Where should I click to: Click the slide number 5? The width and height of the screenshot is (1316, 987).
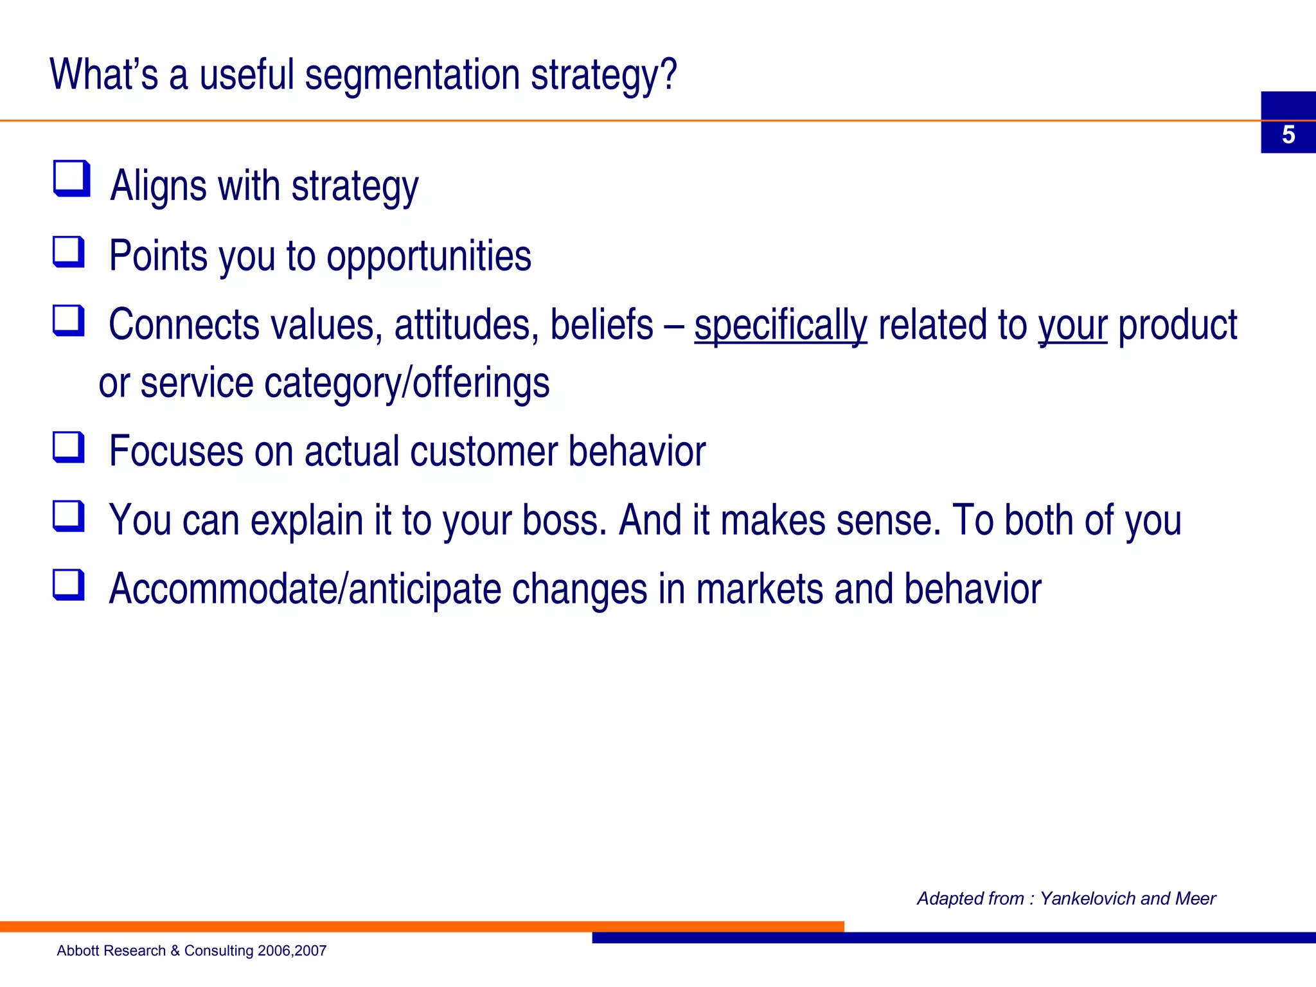point(1288,135)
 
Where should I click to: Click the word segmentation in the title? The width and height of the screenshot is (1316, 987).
point(412,75)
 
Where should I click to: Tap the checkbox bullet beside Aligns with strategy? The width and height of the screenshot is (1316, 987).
point(71,179)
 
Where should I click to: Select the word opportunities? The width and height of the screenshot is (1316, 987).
point(429,256)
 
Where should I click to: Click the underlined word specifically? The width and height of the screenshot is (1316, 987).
point(780,325)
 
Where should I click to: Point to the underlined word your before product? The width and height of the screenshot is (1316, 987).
point(1072,325)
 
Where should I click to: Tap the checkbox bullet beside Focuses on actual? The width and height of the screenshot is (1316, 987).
point(69,447)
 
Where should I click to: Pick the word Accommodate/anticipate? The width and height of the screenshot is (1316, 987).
point(305,589)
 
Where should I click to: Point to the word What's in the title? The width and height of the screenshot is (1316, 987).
point(103,75)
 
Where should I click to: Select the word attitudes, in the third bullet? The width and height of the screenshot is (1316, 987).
point(467,325)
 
